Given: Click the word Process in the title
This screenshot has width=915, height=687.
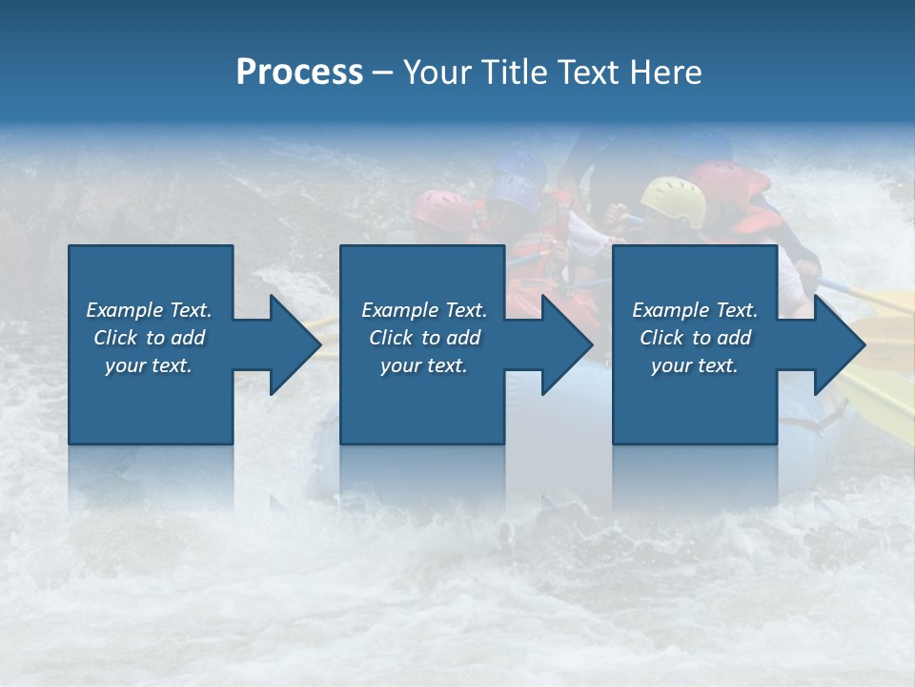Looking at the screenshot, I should click(x=299, y=73).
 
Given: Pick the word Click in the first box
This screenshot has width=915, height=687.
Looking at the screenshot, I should click(x=116, y=338).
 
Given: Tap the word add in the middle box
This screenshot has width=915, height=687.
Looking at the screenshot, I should click(x=463, y=338).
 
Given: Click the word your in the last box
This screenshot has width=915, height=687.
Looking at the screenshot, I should click(x=671, y=365).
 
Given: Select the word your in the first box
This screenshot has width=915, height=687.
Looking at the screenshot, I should click(x=125, y=365).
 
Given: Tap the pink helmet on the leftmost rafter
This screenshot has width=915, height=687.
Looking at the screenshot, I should click(x=442, y=209).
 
